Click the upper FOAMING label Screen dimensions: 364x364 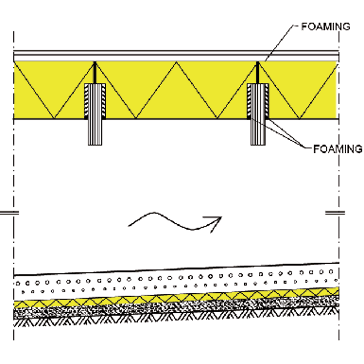326,26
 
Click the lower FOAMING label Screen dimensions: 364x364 338,149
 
